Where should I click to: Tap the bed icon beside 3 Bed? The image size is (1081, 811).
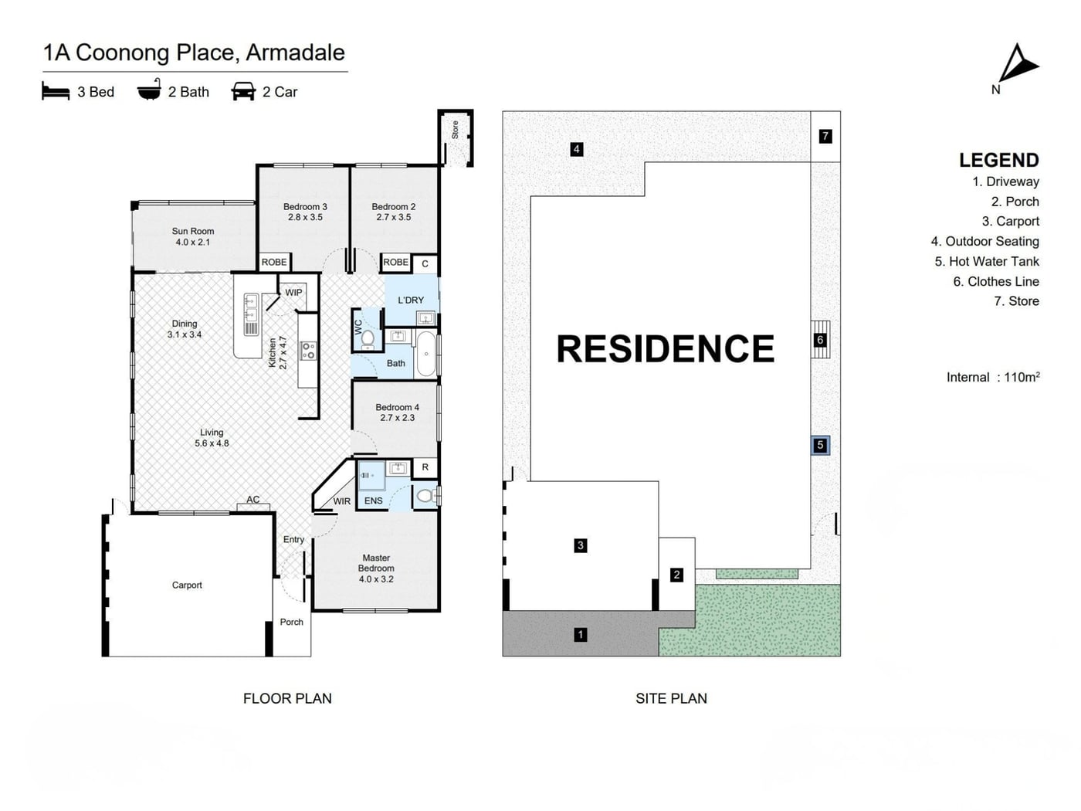[55, 92]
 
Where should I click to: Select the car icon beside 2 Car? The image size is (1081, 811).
[243, 92]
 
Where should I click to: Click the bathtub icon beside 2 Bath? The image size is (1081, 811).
[149, 90]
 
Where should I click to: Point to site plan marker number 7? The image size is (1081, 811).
[825, 136]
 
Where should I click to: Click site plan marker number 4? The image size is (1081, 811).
[577, 149]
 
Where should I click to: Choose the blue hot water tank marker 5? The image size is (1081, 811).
[820, 445]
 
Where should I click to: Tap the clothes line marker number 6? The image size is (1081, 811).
[820, 340]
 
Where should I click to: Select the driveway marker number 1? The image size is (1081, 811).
[581, 635]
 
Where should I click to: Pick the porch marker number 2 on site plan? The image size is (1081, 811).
[676, 575]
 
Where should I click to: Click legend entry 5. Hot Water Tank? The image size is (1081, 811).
[987, 262]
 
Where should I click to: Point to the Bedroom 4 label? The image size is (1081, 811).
[397, 412]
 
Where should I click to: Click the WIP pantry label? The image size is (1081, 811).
[293, 293]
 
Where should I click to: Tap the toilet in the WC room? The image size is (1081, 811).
[368, 339]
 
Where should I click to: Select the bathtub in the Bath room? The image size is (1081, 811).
[426, 354]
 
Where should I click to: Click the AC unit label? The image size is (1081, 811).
[253, 499]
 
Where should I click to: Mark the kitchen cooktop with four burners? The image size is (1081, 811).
[309, 351]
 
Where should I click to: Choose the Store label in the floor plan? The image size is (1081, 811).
[455, 130]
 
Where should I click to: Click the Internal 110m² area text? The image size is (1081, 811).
[993, 377]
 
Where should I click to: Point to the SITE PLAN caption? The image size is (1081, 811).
[671, 698]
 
